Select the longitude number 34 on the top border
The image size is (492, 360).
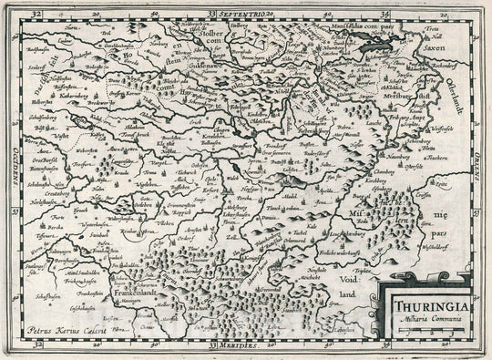pyautogui.click(x=385, y=14)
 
